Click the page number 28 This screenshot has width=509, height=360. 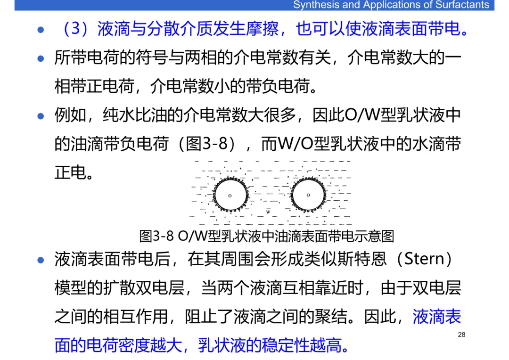coord(461,335)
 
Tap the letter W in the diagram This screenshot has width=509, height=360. coord(268,212)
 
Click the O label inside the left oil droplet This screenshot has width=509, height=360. coord(230,195)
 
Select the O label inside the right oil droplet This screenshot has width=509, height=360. coord(308,195)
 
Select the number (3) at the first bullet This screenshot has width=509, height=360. coord(75,29)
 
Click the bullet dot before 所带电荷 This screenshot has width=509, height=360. coord(41,59)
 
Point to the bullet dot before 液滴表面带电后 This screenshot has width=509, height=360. coord(41,260)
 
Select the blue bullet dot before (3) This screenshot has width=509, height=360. coord(41,30)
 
